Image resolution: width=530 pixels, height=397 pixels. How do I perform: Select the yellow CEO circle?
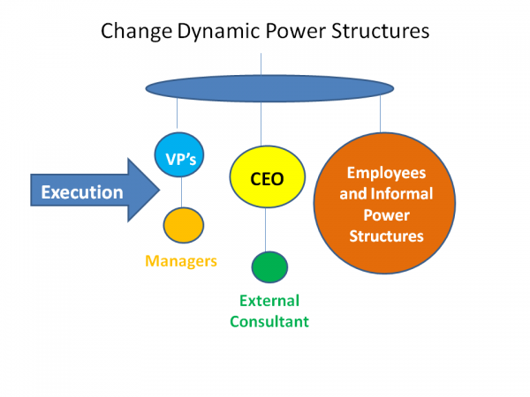point(267,179)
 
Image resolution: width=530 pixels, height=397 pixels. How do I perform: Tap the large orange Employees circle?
point(385,204)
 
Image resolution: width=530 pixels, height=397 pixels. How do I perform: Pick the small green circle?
point(269,266)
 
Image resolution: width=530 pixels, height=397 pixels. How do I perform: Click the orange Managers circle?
point(183,225)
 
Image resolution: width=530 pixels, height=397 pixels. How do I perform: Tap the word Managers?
point(181,261)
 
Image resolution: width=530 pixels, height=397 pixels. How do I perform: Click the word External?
point(269,301)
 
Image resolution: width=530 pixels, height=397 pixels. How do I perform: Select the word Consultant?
point(269,321)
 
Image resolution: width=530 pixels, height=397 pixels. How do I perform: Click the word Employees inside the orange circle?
point(386,173)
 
